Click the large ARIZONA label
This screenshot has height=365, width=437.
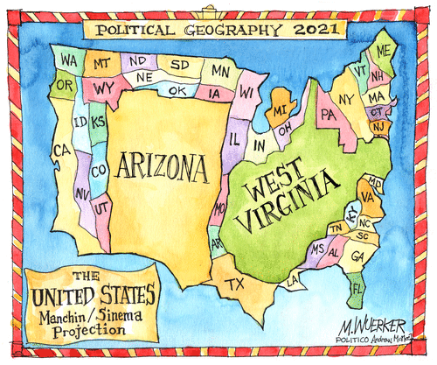coord(162,164)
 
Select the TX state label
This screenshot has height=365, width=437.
coord(235,284)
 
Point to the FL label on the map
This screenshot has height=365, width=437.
coord(357,287)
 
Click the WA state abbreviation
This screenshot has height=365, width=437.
coord(68,60)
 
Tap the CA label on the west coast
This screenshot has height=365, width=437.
coord(60,151)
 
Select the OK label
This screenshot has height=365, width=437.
coord(177,90)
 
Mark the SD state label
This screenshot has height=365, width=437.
coord(178,65)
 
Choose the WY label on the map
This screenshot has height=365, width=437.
coord(105,88)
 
